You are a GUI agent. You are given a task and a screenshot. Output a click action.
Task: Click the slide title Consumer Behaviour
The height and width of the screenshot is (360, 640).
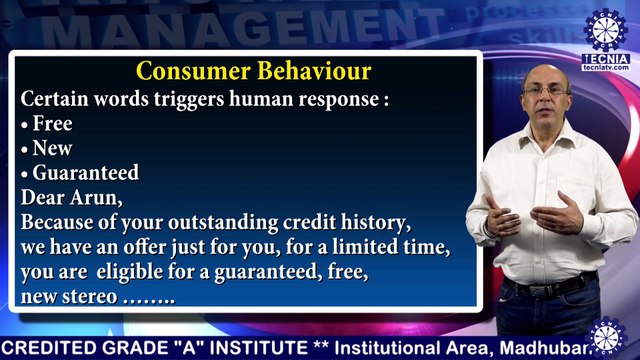(253, 72)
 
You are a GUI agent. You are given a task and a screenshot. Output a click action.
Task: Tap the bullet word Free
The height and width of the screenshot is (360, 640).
(53, 125)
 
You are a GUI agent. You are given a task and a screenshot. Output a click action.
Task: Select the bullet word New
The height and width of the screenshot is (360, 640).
(53, 149)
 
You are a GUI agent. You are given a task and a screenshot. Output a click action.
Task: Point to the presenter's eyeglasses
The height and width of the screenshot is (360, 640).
(546, 91)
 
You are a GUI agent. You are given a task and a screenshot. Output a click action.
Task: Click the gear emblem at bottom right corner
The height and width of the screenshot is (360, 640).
(606, 336)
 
